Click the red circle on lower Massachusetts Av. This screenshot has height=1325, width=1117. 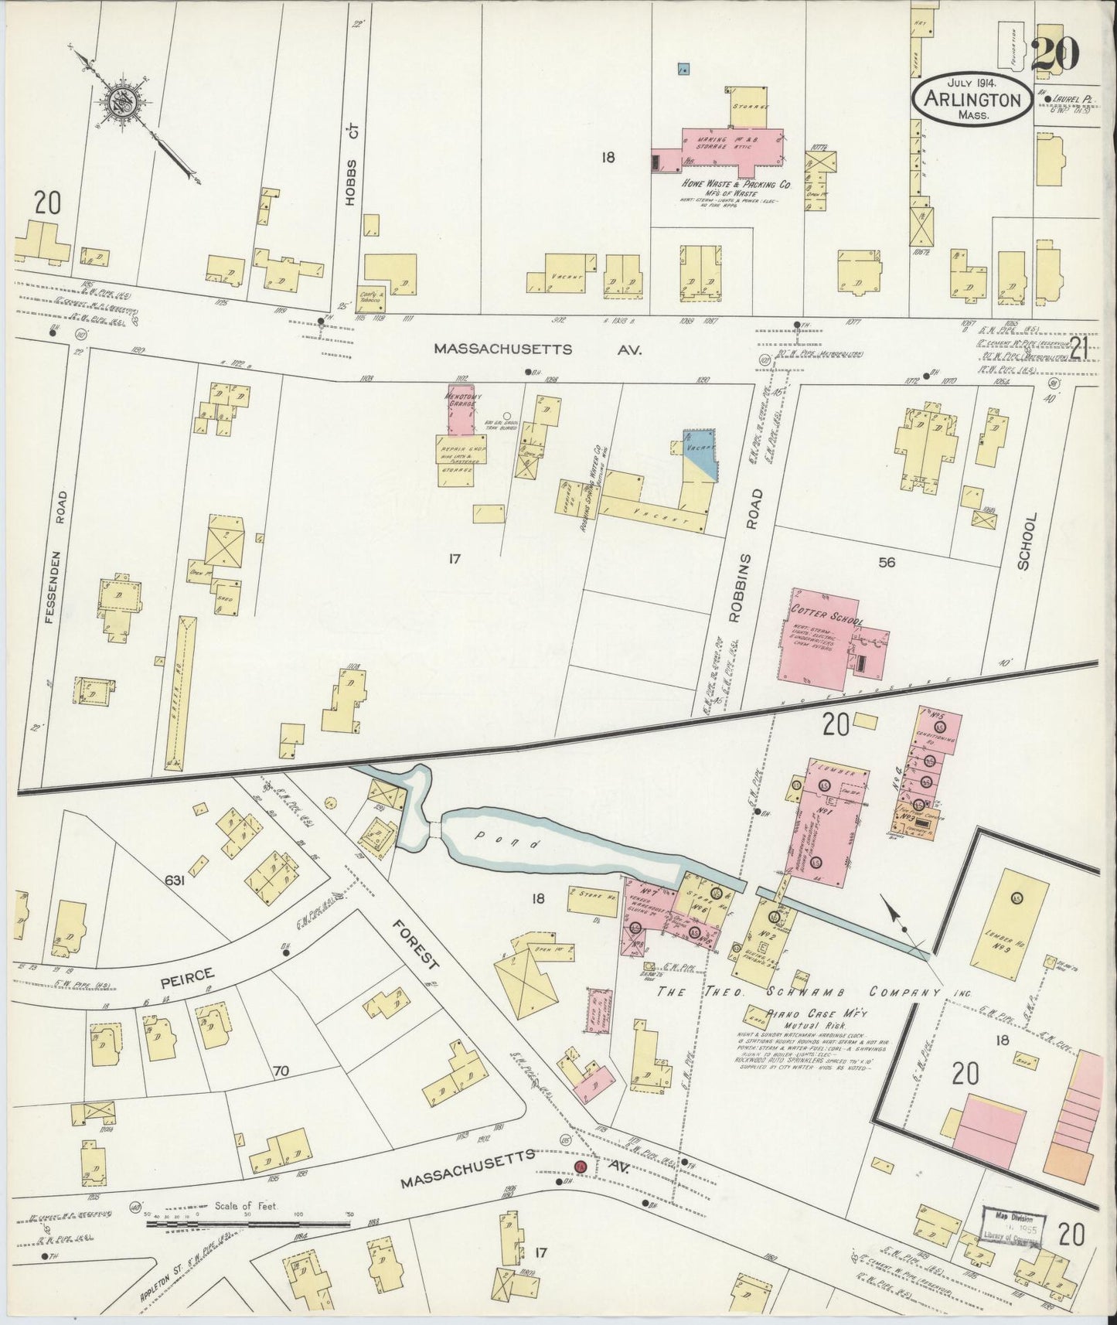coord(581,1165)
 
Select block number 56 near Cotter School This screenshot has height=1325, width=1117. coord(886,563)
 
